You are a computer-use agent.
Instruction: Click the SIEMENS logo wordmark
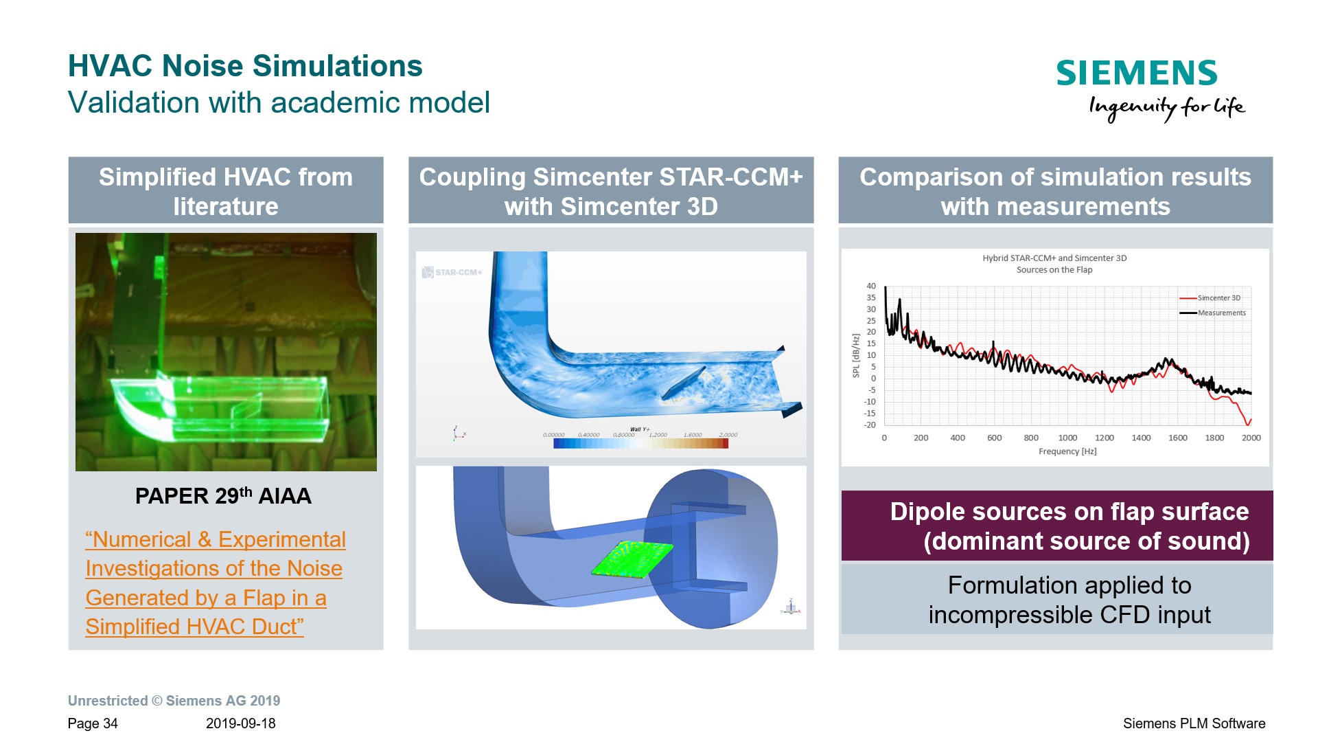coord(1136,73)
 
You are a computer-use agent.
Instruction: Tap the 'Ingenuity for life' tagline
coord(1166,107)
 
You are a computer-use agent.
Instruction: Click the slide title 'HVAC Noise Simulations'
coord(245,66)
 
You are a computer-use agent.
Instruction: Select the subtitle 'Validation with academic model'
coord(279,103)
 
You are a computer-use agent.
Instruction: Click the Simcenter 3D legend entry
coord(1218,298)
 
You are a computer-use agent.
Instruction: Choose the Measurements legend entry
coord(1221,313)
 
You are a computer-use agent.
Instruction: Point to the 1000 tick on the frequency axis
coord(1067,438)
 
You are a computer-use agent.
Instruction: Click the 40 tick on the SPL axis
coord(870,286)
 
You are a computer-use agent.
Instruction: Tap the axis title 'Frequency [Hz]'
coord(1067,451)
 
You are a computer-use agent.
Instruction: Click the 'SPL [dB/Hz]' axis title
coord(855,356)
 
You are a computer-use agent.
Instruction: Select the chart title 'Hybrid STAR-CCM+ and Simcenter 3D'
coord(1054,258)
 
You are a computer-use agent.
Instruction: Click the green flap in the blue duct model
coord(632,559)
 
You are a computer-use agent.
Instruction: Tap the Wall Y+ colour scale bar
coord(640,444)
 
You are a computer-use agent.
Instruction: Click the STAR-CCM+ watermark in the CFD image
coord(453,273)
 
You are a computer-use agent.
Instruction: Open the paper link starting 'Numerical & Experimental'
coord(215,540)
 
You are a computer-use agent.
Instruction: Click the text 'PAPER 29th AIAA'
coord(223,496)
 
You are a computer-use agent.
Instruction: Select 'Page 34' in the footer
coord(93,723)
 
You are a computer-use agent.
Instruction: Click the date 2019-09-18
coord(240,723)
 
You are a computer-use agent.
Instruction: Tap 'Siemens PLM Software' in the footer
coord(1194,723)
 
